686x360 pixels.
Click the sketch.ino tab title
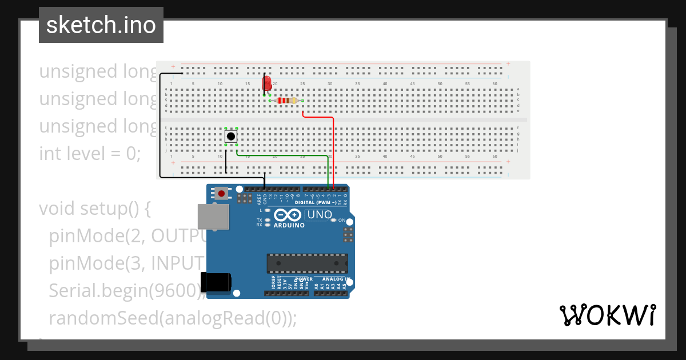point(101,25)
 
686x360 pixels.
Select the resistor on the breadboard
point(286,101)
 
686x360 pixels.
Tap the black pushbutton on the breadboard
point(231,137)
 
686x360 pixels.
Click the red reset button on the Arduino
point(221,193)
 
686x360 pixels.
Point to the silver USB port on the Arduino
point(213,217)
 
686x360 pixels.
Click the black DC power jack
point(216,282)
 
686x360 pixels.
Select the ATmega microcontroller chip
point(307,263)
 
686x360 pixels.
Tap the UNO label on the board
point(320,215)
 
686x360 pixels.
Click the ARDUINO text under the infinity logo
point(289,225)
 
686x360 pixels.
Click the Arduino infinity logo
point(288,215)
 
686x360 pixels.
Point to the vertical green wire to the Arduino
point(328,171)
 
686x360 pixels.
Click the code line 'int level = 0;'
point(90,154)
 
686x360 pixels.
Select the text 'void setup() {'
point(94,209)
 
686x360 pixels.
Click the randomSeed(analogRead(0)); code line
point(173,318)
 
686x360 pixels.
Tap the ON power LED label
point(342,220)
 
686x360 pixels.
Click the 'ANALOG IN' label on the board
point(333,279)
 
